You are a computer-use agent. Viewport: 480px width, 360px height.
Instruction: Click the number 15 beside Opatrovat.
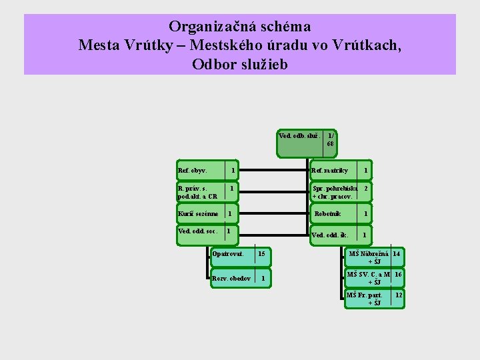261,254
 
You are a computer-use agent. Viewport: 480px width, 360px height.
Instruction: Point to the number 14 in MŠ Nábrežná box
396,253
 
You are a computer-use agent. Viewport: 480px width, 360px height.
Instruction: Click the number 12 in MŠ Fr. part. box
399,295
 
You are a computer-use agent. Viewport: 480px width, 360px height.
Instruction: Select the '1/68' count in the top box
331,139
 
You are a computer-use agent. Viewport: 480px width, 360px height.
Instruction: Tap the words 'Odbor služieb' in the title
240,65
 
